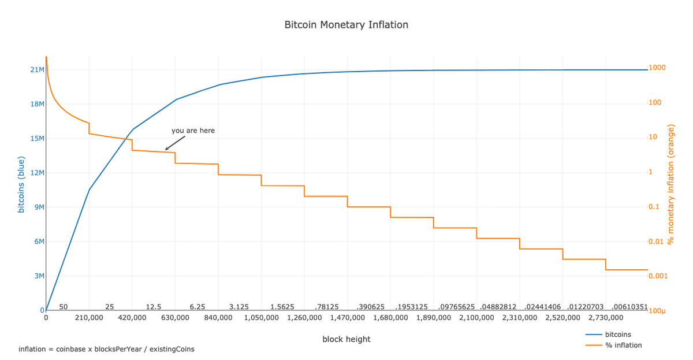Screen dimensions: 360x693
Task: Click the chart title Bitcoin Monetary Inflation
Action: pos(346,25)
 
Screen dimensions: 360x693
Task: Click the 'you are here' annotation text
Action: pos(193,131)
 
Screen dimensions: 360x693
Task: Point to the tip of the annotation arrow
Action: pos(166,150)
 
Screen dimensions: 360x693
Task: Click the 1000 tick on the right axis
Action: pos(657,68)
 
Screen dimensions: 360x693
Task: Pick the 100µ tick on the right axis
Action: pos(657,311)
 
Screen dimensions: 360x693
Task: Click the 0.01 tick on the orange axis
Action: pos(657,242)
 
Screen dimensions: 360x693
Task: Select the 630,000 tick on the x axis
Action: pos(175,318)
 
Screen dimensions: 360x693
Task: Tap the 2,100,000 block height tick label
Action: pos(476,318)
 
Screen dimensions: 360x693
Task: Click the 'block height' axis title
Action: pos(346,339)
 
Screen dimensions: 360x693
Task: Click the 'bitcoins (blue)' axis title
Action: pos(21,184)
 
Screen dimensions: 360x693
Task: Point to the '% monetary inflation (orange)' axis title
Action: pos(670,184)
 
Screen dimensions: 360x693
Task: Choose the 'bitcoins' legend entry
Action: pos(617,335)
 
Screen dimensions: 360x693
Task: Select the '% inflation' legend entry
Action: pos(623,345)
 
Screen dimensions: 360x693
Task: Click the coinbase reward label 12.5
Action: pos(154,307)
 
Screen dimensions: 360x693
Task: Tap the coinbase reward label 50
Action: pos(64,307)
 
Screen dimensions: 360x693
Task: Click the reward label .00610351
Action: pos(629,307)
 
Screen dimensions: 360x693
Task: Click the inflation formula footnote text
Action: pos(106,349)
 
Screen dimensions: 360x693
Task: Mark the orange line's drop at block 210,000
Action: pos(89,128)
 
